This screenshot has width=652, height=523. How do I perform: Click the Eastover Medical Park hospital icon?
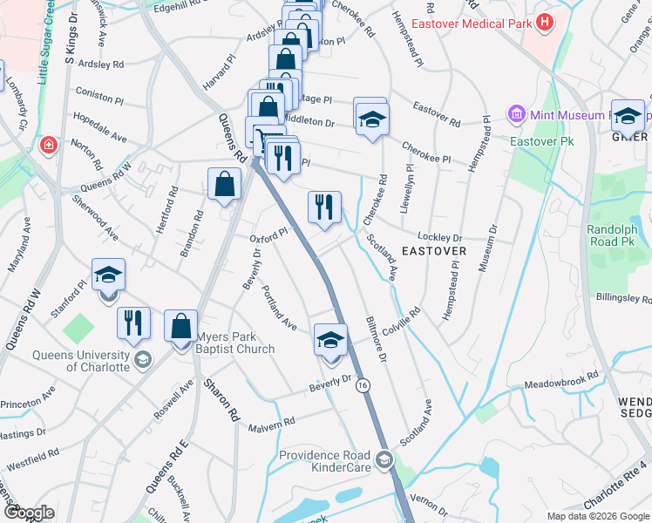click(546, 22)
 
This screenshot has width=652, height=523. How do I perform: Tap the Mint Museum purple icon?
click(516, 115)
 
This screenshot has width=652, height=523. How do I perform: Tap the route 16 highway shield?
click(362, 385)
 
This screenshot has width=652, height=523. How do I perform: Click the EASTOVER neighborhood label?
click(433, 251)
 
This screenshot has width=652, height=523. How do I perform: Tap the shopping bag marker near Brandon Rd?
click(225, 184)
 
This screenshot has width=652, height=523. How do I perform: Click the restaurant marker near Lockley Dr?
click(323, 207)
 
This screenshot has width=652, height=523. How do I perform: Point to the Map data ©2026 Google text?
click(598, 516)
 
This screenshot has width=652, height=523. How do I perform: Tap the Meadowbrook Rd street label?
click(561, 381)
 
